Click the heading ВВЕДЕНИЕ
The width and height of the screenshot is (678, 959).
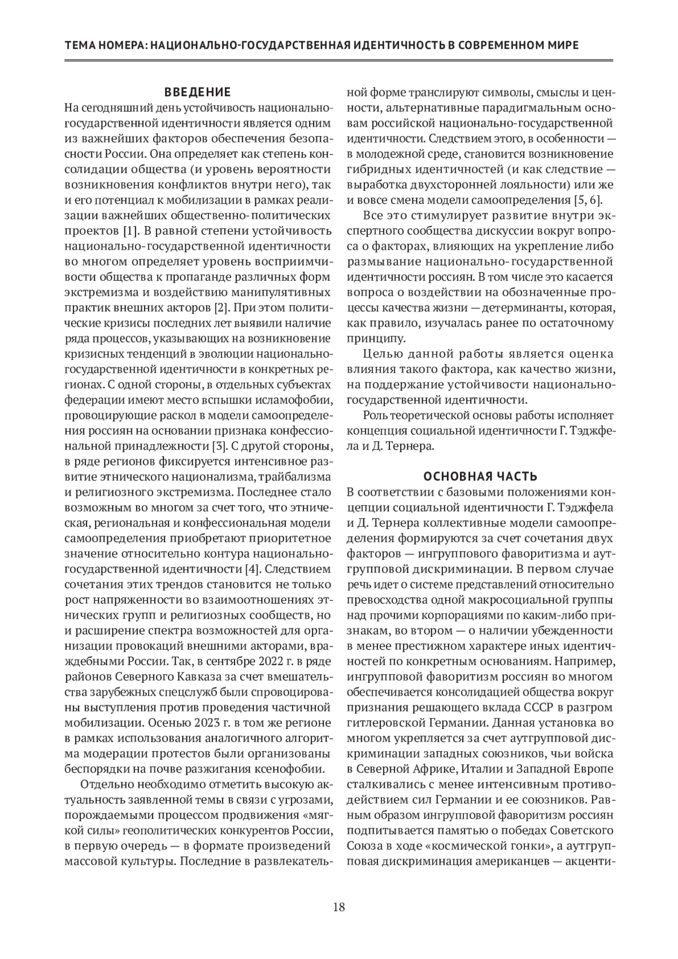pos(197,92)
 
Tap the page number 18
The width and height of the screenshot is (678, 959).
pos(339,907)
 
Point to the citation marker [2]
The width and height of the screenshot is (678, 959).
pos(220,308)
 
